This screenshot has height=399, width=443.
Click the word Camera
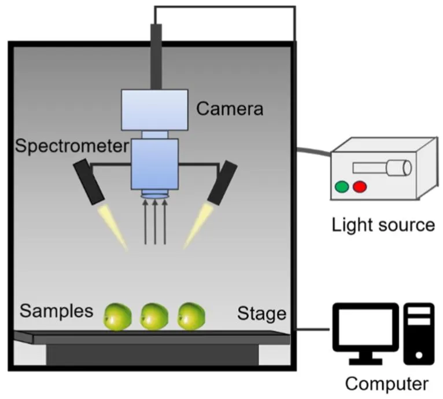[230, 109]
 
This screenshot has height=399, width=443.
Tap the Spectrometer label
[72, 146]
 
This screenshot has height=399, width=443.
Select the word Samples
[56, 311]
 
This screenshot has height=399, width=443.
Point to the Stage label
[261, 314]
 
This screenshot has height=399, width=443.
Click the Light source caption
[383, 225]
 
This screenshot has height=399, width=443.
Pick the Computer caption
[386, 385]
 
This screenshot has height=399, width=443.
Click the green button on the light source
[342, 187]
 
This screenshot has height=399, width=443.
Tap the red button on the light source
[360, 187]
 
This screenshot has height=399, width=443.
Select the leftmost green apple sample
[118, 316]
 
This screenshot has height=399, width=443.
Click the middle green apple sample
[154, 316]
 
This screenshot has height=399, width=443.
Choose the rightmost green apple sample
[191, 316]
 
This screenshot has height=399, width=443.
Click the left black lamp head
[89, 182]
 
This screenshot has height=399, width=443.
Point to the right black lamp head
[222, 183]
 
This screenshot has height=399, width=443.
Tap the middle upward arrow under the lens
[155, 222]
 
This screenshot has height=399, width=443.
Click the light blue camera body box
[155, 110]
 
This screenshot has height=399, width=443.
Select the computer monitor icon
[366, 334]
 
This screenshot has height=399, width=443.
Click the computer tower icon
[419, 334]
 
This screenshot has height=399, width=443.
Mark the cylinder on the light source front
[399, 168]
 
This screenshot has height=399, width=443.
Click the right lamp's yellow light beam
[198, 226]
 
